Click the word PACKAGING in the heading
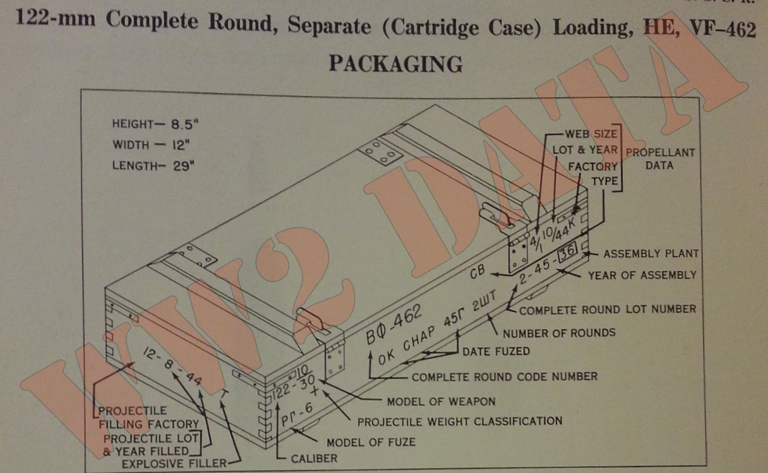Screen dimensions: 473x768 [396, 64]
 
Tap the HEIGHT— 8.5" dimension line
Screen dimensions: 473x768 [155, 124]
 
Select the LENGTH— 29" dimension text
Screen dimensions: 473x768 [153, 166]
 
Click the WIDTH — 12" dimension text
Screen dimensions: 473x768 [151, 145]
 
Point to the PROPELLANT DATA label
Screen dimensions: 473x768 [660, 159]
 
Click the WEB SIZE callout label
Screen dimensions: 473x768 [590, 134]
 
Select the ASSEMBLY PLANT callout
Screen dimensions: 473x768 [650, 254]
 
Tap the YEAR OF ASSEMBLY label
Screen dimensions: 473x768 [642, 275]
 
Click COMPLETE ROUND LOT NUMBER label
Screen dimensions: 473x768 [607, 310]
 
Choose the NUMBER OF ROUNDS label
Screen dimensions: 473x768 [559, 333]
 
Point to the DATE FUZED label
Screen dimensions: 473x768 [496, 352]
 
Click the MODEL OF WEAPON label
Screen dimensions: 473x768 [441, 401]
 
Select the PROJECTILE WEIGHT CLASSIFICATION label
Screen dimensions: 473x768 [459, 422]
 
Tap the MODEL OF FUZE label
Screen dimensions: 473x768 [371, 442]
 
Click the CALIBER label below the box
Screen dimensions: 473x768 [314, 459]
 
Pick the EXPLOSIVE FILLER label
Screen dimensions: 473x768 [174, 463]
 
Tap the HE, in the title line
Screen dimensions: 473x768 [661, 27]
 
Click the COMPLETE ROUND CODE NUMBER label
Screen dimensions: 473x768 [504, 377]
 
